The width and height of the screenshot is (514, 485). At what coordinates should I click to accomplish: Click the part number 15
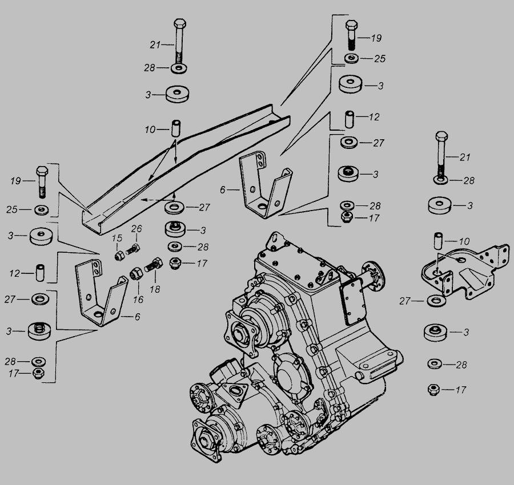pos(117,237)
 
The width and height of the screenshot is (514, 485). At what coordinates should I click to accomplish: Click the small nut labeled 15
pos(120,255)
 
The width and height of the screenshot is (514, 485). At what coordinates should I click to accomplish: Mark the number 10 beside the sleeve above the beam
pos(150,130)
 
